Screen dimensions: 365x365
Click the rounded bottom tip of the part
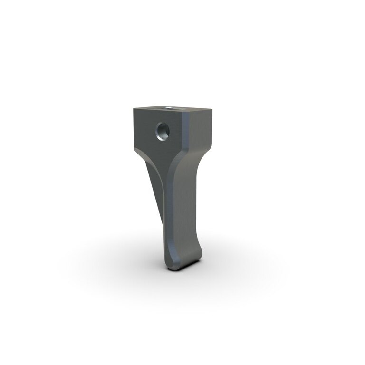pyautogui.click(x=183, y=267)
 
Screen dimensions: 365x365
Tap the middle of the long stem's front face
pyautogui.click(x=182, y=204)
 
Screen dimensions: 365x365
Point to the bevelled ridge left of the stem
pyautogui.click(x=167, y=200)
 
